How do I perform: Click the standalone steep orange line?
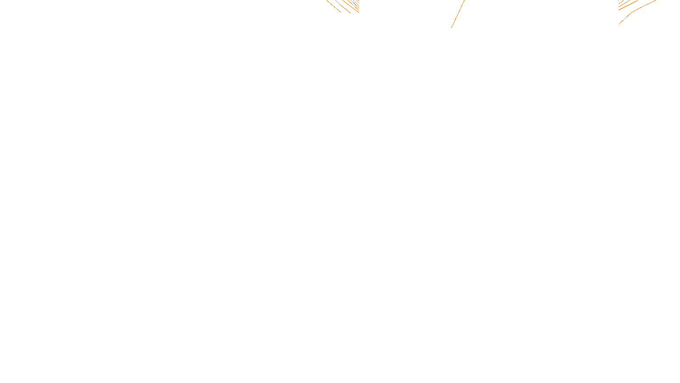pos(458,14)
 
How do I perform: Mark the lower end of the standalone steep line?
pos(451,28)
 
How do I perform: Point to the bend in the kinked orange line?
pos(632,13)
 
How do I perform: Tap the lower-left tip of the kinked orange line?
pos(619,24)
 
